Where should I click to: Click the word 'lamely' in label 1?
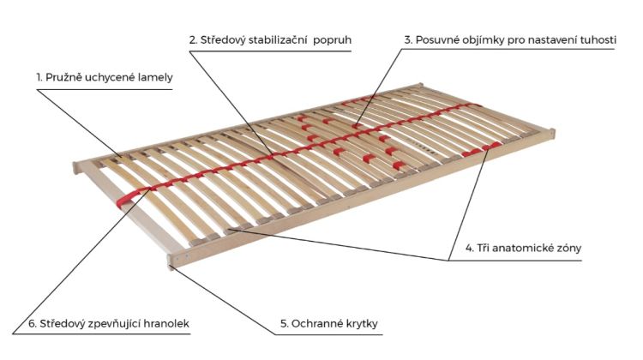tap(155, 77)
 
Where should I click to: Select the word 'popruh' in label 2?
tap(333, 40)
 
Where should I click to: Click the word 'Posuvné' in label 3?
tap(438, 39)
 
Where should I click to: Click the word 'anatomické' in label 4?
tap(522, 248)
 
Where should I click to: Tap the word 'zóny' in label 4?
tap(568, 249)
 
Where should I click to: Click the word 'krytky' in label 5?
tap(362, 324)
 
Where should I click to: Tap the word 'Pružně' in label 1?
tap(63, 77)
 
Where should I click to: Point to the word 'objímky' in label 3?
tap(484, 40)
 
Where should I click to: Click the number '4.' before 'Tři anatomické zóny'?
tap(470, 248)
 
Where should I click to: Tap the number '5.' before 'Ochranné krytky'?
tap(285, 323)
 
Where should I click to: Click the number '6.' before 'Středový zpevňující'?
tap(33, 323)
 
